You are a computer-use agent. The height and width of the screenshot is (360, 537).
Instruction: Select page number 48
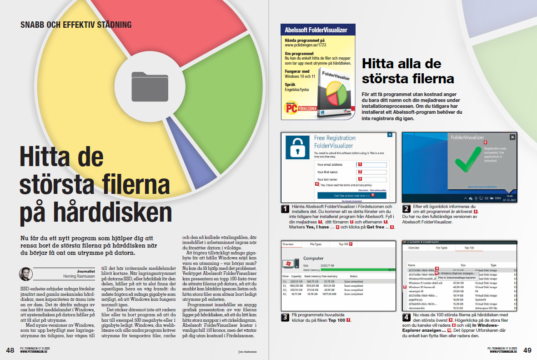(x=10, y=350)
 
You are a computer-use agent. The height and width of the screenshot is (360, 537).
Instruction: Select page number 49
(x=527, y=350)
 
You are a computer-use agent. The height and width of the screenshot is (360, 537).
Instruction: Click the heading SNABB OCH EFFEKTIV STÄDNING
(x=76, y=25)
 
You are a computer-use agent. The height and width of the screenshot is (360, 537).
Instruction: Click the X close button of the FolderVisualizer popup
(x=512, y=137)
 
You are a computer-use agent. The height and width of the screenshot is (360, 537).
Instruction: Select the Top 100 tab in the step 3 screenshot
(x=344, y=244)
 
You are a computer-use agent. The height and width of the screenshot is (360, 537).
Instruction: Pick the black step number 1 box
(x=286, y=209)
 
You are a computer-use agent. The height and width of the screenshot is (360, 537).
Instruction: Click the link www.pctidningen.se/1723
(x=305, y=46)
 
